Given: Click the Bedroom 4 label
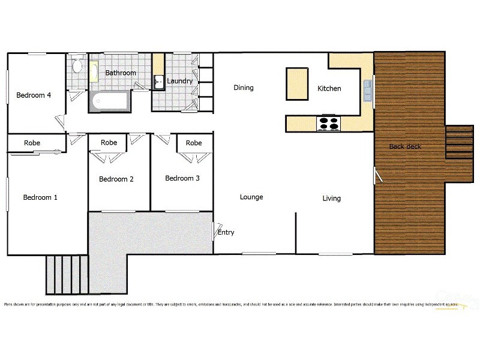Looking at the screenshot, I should click(34, 95).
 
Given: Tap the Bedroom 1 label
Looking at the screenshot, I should click(40, 197).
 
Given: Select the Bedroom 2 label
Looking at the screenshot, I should click(116, 179).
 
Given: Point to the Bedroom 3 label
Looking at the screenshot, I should click(182, 178).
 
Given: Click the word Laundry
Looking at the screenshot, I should click(179, 81).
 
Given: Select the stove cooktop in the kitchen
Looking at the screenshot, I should click(328, 123).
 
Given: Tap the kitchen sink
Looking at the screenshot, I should click(367, 91).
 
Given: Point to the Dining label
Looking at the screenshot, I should click(244, 88).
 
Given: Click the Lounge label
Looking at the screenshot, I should click(251, 197).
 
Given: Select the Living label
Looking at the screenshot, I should click(331, 198).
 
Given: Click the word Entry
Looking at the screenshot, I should click(226, 233).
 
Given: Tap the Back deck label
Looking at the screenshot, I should click(405, 146).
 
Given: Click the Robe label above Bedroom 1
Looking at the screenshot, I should click(32, 143).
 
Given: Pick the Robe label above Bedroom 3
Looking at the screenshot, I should click(194, 143).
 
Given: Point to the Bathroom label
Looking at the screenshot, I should click(121, 73).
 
